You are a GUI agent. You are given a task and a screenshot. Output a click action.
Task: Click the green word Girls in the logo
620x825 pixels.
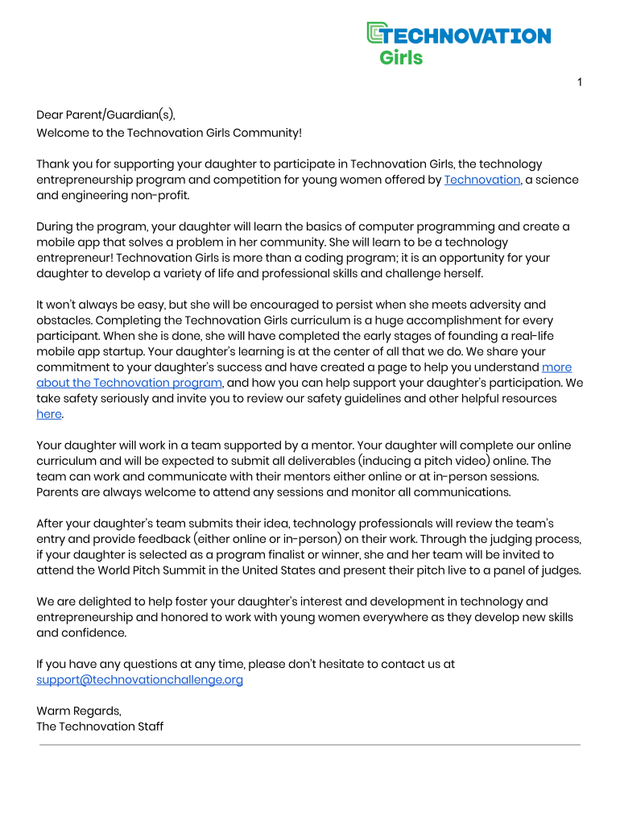click(x=400, y=58)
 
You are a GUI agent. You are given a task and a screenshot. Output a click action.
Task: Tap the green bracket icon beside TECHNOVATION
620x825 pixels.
click(x=374, y=33)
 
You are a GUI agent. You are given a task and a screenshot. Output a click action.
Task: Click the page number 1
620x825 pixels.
click(x=579, y=82)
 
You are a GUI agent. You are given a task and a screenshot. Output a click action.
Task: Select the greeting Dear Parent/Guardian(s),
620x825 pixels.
click(x=105, y=117)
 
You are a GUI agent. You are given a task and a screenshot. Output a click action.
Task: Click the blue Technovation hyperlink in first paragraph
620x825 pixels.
click(x=482, y=180)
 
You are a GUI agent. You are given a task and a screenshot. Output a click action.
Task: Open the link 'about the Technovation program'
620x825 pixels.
click(x=129, y=383)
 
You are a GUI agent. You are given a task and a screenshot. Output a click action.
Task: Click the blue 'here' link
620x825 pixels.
click(x=48, y=414)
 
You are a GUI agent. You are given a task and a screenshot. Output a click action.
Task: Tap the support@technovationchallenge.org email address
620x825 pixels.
click(x=139, y=679)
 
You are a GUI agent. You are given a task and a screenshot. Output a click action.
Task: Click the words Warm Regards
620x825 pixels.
click(x=78, y=711)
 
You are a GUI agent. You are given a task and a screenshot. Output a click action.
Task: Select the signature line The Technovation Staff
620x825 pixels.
click(x=100, y=726)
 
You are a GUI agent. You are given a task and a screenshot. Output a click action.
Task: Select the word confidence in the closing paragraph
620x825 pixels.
click(x=94, y=632)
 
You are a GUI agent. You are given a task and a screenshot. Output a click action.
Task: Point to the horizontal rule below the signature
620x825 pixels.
click(x=310, y=745)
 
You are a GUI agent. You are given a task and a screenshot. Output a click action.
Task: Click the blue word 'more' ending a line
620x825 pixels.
click(x=556, y=367)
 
